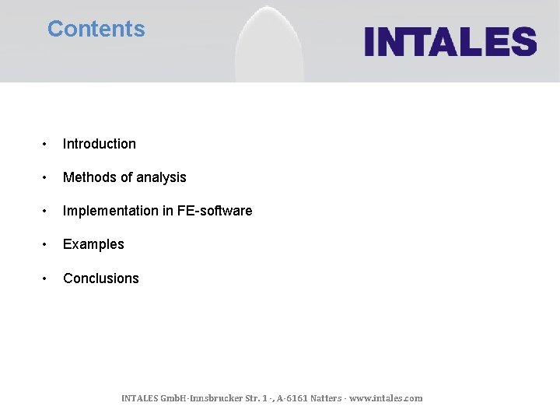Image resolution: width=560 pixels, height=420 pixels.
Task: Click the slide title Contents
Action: click(96, 29)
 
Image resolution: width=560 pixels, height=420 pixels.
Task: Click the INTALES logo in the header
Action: click(450, 41)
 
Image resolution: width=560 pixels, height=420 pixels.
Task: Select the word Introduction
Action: click(99, 144)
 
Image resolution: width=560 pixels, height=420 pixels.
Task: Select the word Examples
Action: click(93, 244)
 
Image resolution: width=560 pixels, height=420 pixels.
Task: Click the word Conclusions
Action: click(100, 278)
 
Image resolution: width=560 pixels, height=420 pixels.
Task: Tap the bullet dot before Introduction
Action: click(47, 144)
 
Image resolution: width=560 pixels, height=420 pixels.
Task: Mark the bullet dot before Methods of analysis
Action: click(47, 177)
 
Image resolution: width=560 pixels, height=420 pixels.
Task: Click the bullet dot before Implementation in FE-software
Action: click(47, 211)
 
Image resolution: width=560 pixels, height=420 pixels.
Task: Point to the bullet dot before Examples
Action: click(47, 244)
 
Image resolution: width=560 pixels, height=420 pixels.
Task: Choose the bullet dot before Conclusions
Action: click(47, 278)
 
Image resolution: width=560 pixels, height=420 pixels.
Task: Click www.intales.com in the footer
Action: click(386, 398)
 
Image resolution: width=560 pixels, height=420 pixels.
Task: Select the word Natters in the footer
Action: click(325, 398)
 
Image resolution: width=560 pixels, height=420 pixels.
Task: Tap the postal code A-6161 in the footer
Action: click(289, 398)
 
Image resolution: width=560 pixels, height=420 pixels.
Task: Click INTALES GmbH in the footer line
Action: click(155, 398)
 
